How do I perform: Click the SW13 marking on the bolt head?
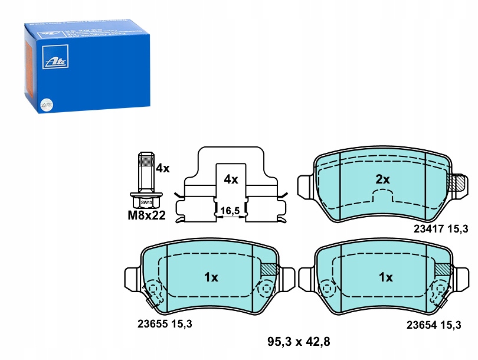click(x=145, y=202)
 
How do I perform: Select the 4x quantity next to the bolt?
click(x=162, y=169)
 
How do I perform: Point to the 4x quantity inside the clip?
click(x=230, y=179)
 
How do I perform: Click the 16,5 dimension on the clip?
click(x=230, y=210)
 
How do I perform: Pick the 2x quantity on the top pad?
click(x=383, y=179)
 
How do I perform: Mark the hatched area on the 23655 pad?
click(x=268, y=269)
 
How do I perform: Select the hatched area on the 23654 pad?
click(x=442, y=269)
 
